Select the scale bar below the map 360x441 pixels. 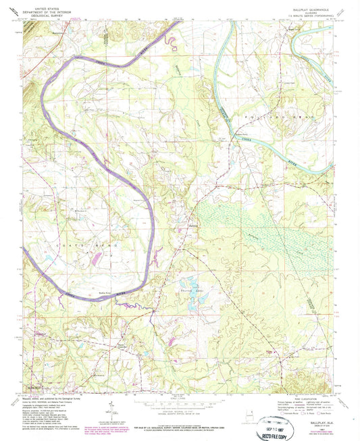click(x=181, y=403)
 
